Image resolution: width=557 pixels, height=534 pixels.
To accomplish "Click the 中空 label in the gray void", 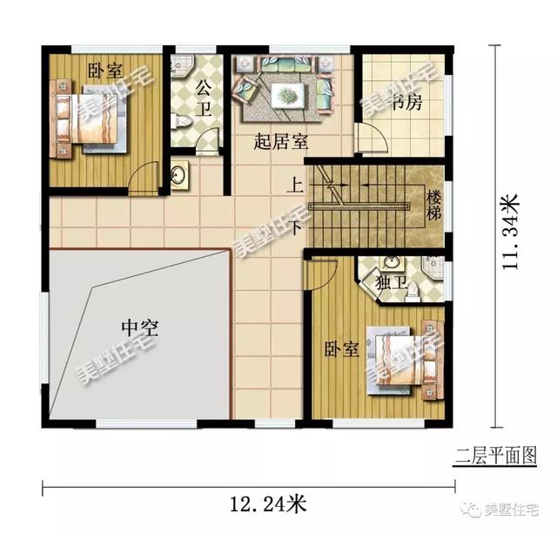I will click(139, 328).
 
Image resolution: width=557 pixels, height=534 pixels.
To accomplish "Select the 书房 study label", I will click(406, 104).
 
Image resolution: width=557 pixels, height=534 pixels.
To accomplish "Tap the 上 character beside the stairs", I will click(296, 186).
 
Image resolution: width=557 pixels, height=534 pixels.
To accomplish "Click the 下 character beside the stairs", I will click(296, 228).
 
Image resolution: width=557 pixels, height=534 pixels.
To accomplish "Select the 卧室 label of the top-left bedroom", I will click(104, 71).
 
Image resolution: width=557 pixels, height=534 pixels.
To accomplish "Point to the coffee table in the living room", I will click(285, 93).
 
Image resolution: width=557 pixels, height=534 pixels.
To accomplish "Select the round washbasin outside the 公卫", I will click(178, 174).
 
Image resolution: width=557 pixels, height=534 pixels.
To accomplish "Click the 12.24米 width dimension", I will click(267, 504).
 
